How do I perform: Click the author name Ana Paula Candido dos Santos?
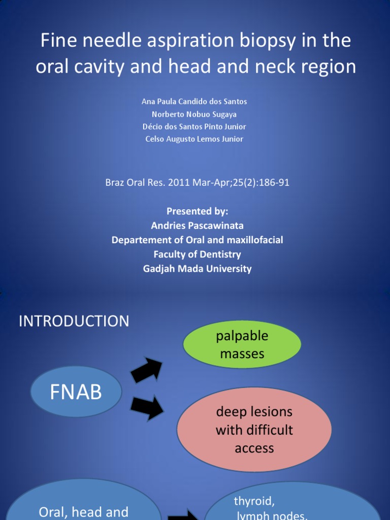coord(194,102)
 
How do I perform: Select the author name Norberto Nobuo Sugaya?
coord(194,114)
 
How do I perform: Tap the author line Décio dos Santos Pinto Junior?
coord(194,126)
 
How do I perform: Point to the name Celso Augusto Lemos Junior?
coord(194,139)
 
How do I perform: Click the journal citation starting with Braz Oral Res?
coord(197,182)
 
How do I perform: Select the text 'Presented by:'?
coord(197,211)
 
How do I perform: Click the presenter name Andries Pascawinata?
coord(197,225)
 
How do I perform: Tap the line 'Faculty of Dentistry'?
coord(197,254)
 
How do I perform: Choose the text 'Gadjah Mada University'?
coord(197,269)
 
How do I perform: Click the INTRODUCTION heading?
coord(74,321)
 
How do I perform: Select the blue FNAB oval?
coord(76,392)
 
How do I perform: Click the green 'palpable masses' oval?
coord(242,345)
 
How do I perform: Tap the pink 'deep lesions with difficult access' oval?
coord(254,430)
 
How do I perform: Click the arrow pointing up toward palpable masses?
coord(146,370)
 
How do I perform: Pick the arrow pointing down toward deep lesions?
coord(147,408)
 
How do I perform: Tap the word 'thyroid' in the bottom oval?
coord(254,501)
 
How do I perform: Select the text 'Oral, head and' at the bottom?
coord(83,512)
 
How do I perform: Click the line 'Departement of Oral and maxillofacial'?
coord(197,240)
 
